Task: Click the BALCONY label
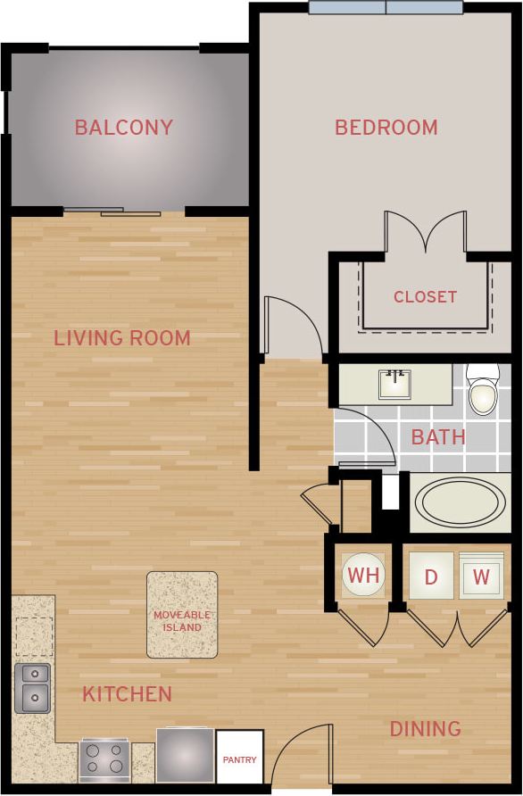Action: pyautogui.click(x=123, y=127)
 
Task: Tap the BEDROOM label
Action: pyautogui.click(x=386, y=127)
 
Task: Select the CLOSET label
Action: pyautogui.click(x=425, y=296)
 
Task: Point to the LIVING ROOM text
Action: pyautogui.click(x=122, y=338)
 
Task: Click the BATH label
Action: pyautogui.click(x=438, y=436)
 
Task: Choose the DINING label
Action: pyautogui.click(x=425, y=729)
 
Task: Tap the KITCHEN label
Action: pyautogui.click(x=127, y=693)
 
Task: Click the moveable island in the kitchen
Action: pyautogui.click(x=182, y=615)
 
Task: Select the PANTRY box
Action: pyautogui.click(x=239, y=759)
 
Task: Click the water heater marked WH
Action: pyautogui.click(x=363, y=576)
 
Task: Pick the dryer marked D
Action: pyautogui.click(x=431, y=576)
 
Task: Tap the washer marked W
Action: pyautogui.click(x=481, y=576)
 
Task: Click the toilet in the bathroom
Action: pyautogui.click(x=483, y=390)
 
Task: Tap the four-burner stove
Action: pyautogui.click(x=105, y=760)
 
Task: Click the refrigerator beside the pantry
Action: pyautogui.click(x=185, y=755)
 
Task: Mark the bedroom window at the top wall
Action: pyautogui.click(x=386, y=8)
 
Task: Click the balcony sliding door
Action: pyautogui.click(x=112, y=211)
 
